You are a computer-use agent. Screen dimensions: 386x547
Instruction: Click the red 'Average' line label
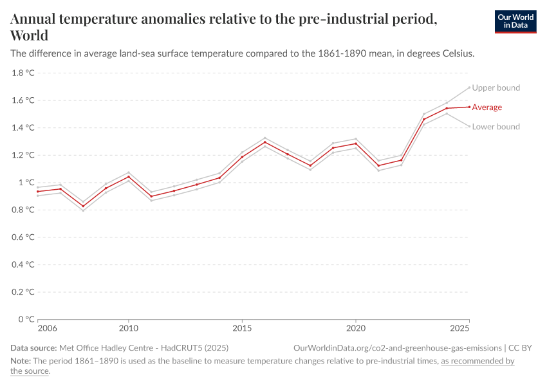(487, 107)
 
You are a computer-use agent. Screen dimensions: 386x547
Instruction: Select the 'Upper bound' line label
(496, 87)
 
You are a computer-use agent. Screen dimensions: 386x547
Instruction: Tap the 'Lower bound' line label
(496, 127)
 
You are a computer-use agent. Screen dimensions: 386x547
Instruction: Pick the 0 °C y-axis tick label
(26, 319)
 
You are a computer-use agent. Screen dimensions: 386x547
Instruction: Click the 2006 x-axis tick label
(47, 329)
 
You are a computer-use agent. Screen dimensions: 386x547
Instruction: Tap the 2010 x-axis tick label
(129, 329)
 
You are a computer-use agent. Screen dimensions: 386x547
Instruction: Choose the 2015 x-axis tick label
(242, 329)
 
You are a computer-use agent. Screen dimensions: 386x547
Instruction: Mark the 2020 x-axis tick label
(355, 329)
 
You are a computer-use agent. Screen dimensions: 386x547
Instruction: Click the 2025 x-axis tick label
(459, 329)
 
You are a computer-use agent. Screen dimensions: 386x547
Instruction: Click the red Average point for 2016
(264, 142)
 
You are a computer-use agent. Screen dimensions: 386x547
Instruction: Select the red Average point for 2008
(83, 207)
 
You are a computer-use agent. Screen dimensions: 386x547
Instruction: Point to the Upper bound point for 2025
(469, 87)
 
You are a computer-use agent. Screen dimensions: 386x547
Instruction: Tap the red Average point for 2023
(423, 119)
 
